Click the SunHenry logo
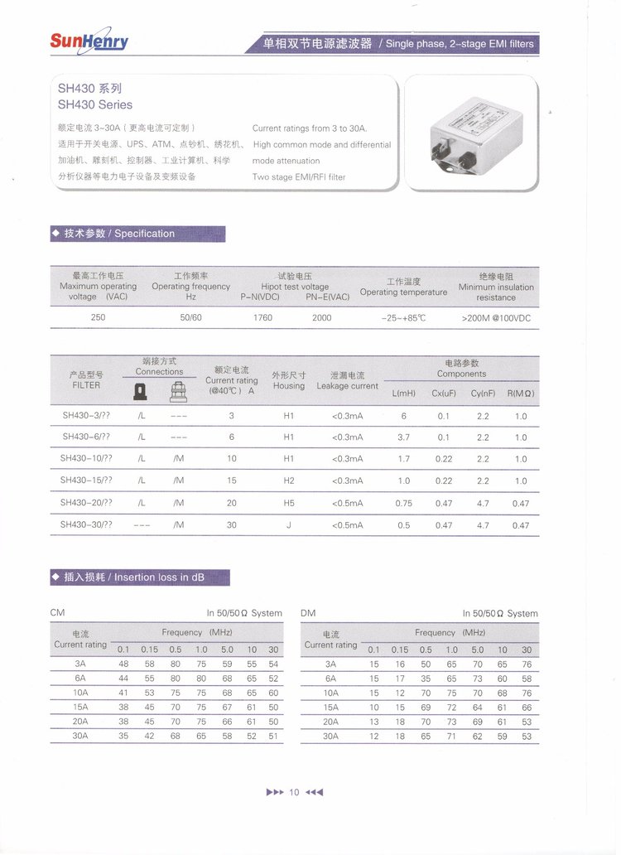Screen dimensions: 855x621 click(x=89, y=41)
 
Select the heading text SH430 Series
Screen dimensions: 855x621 click(x=95, y=105)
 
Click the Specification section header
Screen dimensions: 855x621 click(x=119, y=234)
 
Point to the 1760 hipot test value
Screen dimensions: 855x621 click(x=262, y=317)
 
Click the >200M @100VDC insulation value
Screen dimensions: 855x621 click(x=496, y=317)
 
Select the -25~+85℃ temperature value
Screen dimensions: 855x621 click(x=403, y=317)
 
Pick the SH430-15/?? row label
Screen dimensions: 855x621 click(x=86, y=481)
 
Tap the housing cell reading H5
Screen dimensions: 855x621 click(x=289, y=503)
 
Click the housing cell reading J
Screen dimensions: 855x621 click(x=289, y=525)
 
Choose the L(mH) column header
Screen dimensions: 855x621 click(x=403, y=394)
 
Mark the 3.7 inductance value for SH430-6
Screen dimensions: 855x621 click(x=403, y=437)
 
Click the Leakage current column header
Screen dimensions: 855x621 click(x=347, y=380)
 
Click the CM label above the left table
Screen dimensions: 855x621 click(x=58, y=613)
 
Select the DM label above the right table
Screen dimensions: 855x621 click(x=308, y=613)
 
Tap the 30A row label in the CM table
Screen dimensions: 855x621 click(x=80, y=736)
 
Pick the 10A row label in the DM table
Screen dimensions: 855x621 click(x=330, y=693)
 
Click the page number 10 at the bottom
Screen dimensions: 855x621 click(x=294, y=792)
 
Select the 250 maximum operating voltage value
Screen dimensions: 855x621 click(x=98, y=317)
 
